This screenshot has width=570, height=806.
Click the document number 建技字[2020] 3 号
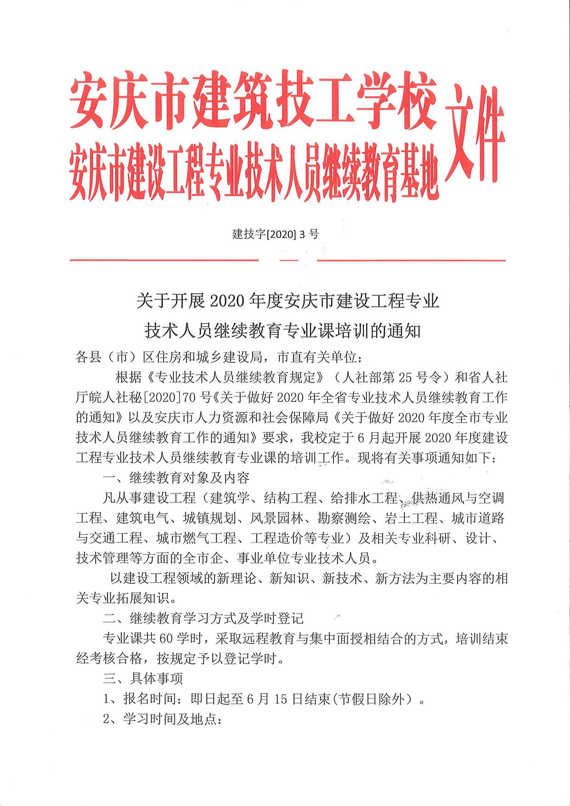(276, 234)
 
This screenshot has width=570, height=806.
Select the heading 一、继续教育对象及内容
(176, 478)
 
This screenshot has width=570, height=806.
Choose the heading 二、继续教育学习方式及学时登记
(203, 618)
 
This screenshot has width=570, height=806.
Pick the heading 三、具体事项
(143, 678)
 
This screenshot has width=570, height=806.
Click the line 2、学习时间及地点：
(163, 719)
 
